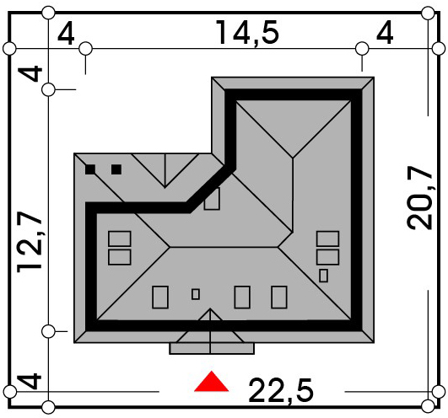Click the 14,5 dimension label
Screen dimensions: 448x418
click(x=247, y=33)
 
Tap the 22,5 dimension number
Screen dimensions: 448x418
click(x=281, y=390)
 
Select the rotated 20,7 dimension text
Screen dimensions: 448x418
click(x=420, y=197)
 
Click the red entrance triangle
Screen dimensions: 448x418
click(x=211, y=382)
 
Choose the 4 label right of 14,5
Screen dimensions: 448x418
click(x=385, y=34)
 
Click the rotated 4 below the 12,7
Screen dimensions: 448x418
click(x=30, y=381)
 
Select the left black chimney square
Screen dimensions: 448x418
click(x=90, y=169)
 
